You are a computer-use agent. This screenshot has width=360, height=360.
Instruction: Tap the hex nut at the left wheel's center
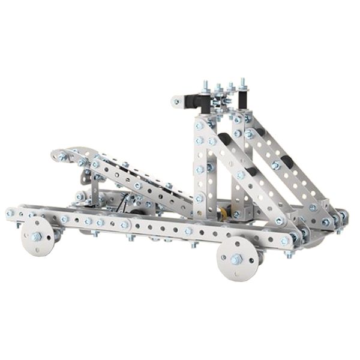pos(37,236)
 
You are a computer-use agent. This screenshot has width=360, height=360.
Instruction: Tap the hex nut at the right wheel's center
pos(238,259)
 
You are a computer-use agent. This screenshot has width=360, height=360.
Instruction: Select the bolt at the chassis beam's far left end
pos(10,213)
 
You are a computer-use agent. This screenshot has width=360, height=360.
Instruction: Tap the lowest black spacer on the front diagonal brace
pos(253,172)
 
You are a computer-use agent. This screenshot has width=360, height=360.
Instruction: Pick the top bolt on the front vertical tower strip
pos(200,124)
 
